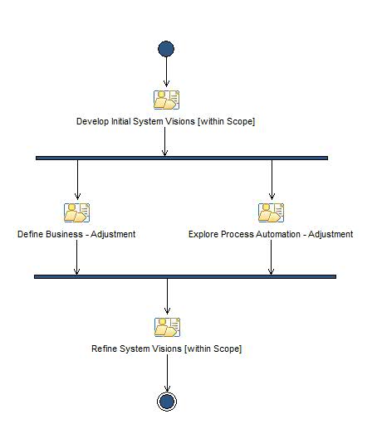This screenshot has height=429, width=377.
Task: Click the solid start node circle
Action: click(x=166, y=49)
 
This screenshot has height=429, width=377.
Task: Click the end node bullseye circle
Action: click(x=167, y=402)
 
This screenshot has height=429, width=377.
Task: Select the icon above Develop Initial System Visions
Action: click(x=167, y=100)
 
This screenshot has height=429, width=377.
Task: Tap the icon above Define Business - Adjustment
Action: click(x=76, y=213)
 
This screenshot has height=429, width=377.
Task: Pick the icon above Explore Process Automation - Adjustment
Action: click(x=271, y=213)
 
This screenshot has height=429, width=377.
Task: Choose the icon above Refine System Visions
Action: click(x=167, y=327)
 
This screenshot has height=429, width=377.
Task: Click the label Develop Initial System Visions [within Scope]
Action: click(x=165, y=121)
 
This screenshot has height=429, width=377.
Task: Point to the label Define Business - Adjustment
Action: click(x=76, y=234)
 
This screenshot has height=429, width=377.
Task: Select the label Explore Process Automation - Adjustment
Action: click(x=271, y=234)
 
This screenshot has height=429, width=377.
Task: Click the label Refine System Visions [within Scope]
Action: click(x=166, y=349)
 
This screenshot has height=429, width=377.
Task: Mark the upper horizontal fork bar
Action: click(x=182, y=158)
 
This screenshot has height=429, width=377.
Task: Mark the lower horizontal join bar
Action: click(x=184, y=276)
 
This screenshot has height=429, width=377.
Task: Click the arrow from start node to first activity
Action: click(x=166, y=72)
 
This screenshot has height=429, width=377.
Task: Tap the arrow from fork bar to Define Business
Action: click(x=77, y=178)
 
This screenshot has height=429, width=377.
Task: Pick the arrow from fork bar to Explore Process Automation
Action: click(x=272, y=178)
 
